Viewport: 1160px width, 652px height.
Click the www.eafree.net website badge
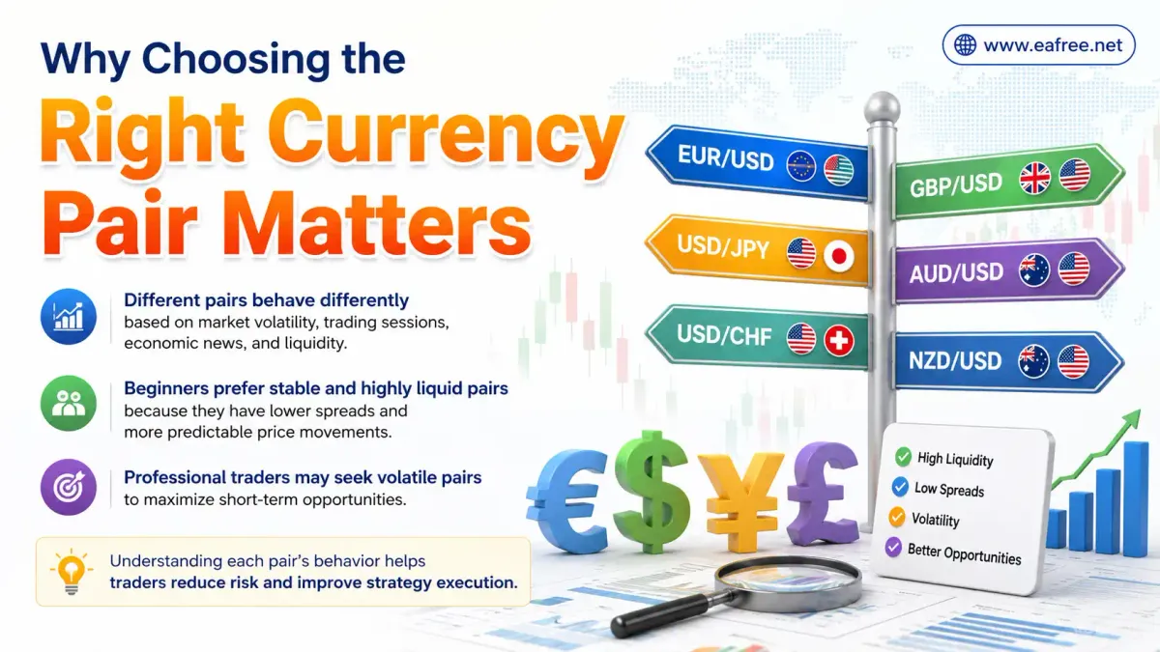click(x=1038, y=45)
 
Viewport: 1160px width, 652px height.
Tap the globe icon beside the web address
click(x=966, y=45)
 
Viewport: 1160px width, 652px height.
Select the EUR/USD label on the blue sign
click(x=726, y=157)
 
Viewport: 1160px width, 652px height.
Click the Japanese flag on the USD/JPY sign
click(x=839, y=256)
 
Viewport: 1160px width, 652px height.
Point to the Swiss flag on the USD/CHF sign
click(x=839, y=340)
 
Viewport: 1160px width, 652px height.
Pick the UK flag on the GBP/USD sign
click(x=1034, y=178)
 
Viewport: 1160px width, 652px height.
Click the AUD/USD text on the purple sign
click(x=956, y=273)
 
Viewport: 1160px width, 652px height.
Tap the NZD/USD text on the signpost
click(x=955, y=361)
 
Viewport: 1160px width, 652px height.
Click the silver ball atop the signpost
click(x=883, y=107)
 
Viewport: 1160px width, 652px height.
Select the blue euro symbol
click(x=567, y=501)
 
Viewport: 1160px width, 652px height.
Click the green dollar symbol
click(x=652, y=491)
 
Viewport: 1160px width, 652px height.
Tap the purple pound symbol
click(x=823, y=494)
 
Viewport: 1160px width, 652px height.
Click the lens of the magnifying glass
click(x=788, y=584)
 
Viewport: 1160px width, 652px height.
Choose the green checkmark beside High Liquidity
click(x=903, y=456)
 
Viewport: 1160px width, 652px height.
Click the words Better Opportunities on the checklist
click(x=965, y=553)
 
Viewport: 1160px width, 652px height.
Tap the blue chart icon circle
click(x=69, y=316)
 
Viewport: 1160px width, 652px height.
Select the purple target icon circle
click(x=69, y=487)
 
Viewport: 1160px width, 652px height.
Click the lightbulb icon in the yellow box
click(x=72, y=571)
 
